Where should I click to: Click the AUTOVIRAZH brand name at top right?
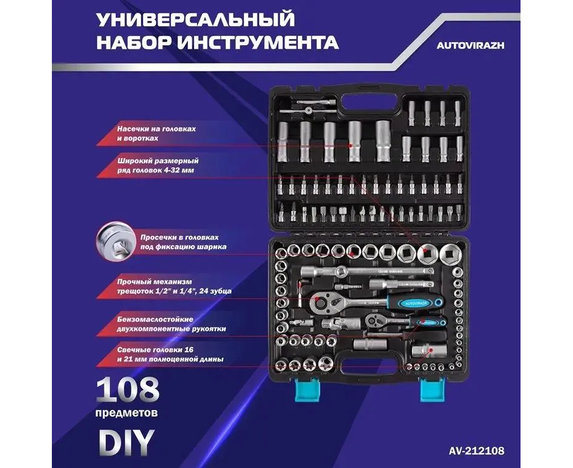[x=470, y=45]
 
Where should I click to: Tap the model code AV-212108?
[x=477, y=450]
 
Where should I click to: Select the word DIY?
[x=125, y=442]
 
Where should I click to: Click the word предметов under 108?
[x=127, y=413]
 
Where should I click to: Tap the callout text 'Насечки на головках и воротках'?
[x=156, y=133]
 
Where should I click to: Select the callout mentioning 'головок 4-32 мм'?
[x=158, y=165]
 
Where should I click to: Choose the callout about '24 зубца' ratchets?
[x=174, y=286]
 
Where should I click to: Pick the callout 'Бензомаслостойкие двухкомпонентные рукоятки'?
[x=171, y=324]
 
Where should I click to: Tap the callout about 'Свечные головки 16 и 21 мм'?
[x=170, y=355]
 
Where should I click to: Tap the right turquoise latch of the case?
[x=432, y=389]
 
